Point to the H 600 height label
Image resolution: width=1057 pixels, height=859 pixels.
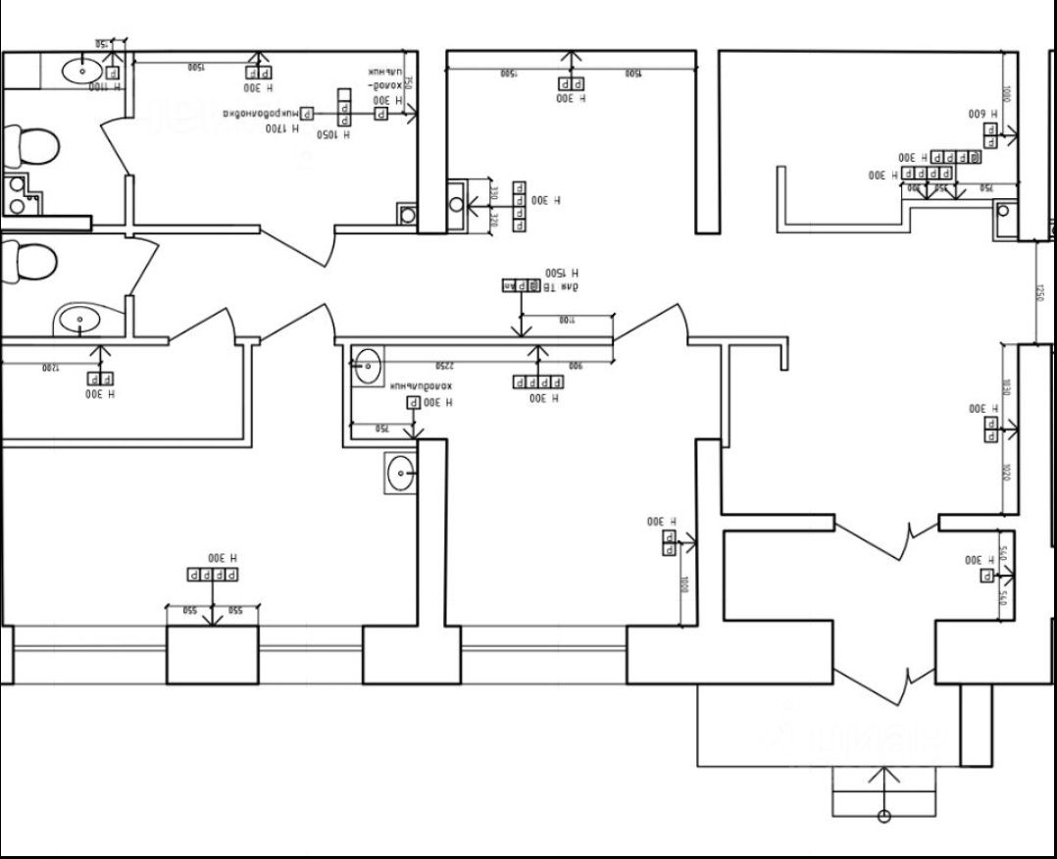pyautogui.click(x=981, y=114)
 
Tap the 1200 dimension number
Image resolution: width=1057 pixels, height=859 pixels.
pyautogui.click(x=51, y=367)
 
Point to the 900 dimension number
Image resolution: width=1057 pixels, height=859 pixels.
pyautogui.click(x=576, y=365)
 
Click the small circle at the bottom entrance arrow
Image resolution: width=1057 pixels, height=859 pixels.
pyautogui.click(x=884, y=816)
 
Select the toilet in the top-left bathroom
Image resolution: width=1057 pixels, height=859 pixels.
pyautogui.click(x=31, y=147)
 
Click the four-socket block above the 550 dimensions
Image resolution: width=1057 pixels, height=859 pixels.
pyautogui.click(x=214, y=575)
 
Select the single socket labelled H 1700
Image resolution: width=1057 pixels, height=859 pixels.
pyautogui.click(x=307, y=113)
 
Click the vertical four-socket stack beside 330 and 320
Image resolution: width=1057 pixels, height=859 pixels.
pyautogui.click(x=519, y=207)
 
